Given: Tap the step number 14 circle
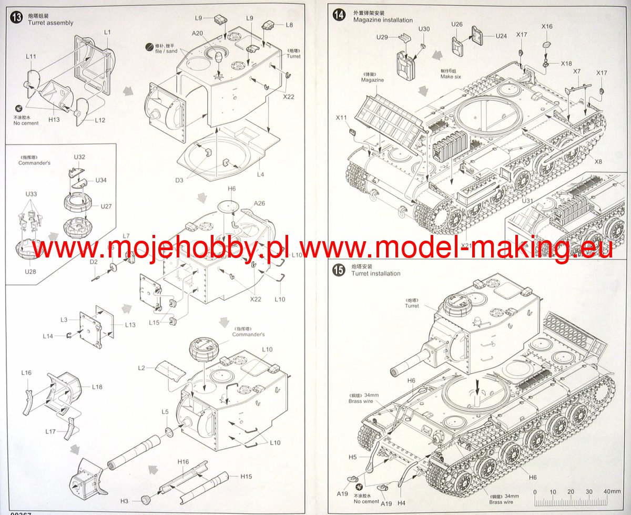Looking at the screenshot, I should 339,15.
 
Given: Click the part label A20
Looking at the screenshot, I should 197,33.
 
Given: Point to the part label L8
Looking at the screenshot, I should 290,25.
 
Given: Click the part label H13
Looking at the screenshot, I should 54,120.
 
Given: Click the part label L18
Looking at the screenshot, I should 97,387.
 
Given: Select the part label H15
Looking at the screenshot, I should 246,477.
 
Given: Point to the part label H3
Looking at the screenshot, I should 124,501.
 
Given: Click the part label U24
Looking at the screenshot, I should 501,36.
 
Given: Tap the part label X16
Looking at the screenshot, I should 547,26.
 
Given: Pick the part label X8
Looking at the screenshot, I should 598,161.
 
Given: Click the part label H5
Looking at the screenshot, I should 352,457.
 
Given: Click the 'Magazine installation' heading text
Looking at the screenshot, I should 383,20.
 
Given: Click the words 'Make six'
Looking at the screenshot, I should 451,77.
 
